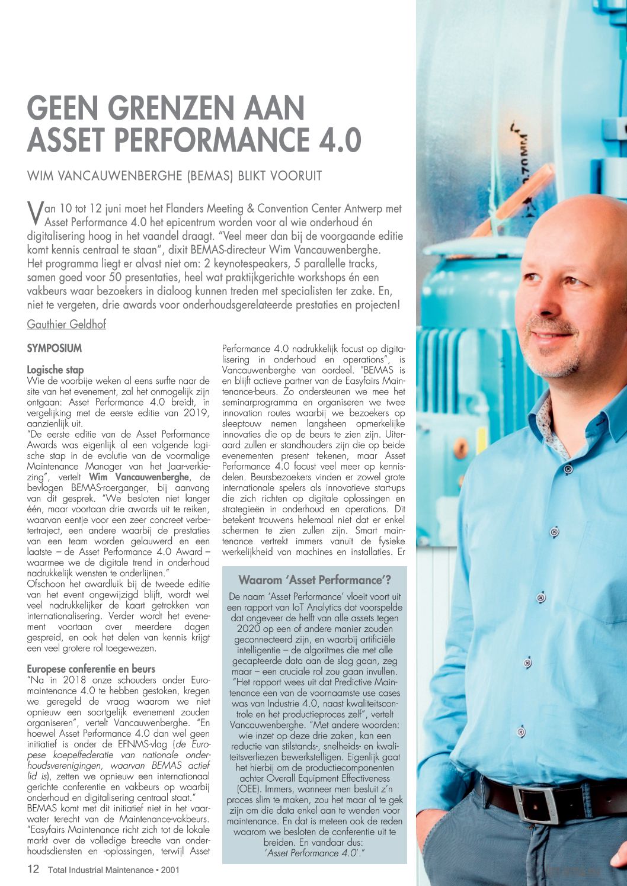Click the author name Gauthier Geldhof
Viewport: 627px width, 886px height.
66,324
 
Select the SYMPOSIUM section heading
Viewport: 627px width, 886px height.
55,348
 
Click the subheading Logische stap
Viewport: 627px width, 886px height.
55,370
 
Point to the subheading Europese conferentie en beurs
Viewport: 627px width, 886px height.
91,669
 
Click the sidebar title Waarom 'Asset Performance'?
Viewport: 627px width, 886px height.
314,580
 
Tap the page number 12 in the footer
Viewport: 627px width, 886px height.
33,869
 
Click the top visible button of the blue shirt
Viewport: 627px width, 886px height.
568,469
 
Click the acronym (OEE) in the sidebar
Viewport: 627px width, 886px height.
250,789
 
